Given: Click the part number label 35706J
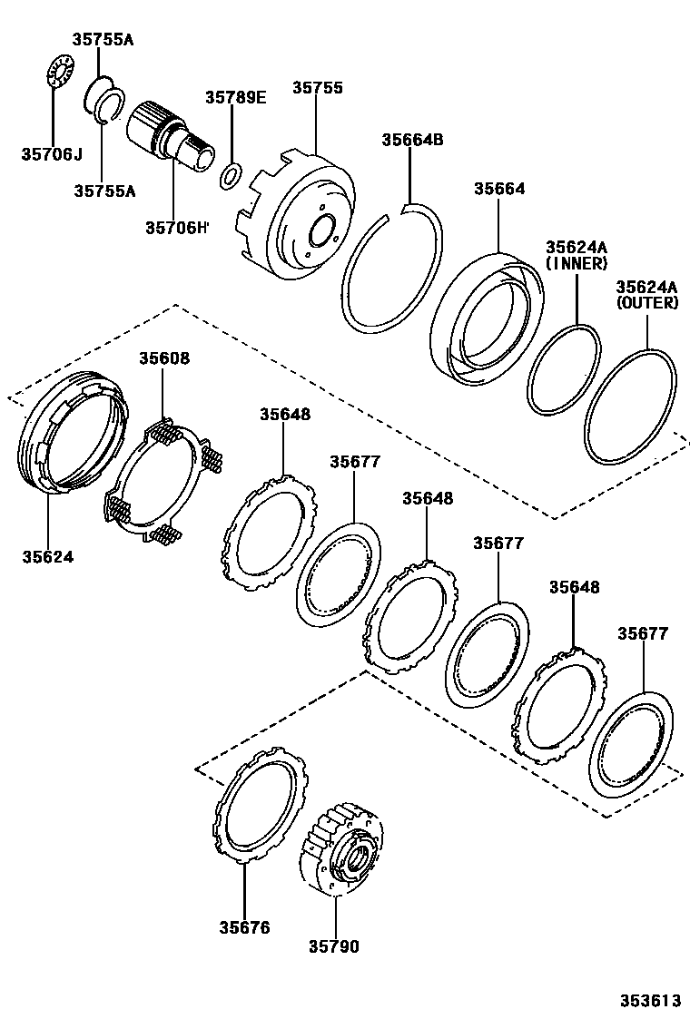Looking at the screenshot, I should (51, 154).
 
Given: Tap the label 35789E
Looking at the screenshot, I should (235, 98).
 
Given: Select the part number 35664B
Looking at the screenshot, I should (412, 140).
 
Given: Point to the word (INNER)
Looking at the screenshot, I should (576, 263).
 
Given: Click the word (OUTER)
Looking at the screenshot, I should (646, 303).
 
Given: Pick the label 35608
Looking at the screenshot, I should (164, 358).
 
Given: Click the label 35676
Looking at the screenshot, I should (244, 927).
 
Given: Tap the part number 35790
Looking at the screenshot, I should (333, 947).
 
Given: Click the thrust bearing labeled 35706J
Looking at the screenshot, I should (58, 72).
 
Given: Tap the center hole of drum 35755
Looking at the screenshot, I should (321, 230).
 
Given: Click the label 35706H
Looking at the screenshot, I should (176, 227).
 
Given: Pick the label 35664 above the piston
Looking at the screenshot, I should (499, 190).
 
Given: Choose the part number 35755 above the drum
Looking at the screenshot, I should (318, 88).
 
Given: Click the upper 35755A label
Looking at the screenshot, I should (103, 39).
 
